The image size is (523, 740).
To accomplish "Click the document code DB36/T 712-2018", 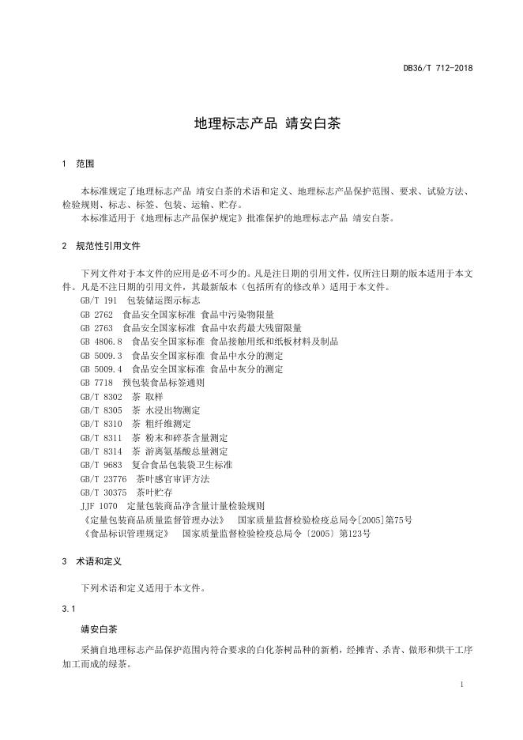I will (x=437, y=69).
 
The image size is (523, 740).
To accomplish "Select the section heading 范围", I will (x=85, y=164).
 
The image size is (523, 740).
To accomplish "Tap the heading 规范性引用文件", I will (x=108, y=246).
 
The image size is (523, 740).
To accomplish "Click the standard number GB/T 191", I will (x=98, y=300).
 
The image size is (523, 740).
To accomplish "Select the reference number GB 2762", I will (x=96, y=314).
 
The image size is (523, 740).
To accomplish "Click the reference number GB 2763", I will (x=96, y=327).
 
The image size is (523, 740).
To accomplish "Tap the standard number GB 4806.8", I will (x=101, y=342).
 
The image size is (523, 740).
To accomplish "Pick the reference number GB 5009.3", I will (x=101, y=355).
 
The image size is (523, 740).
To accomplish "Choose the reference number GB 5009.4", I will (x=101, y=368).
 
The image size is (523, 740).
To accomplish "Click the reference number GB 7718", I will (x=96, y=383).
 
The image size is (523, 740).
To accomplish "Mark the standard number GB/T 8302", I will (x=101, y=396).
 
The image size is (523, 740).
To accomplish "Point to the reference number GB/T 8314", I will (x=101, y=451).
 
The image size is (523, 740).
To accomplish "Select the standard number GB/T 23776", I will (x=103, y=478).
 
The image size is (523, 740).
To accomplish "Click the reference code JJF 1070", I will (x=98, y=505).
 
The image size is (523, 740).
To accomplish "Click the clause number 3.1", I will (x=67, y=609).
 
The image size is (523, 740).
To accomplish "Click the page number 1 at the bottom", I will (x=461, y=684).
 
